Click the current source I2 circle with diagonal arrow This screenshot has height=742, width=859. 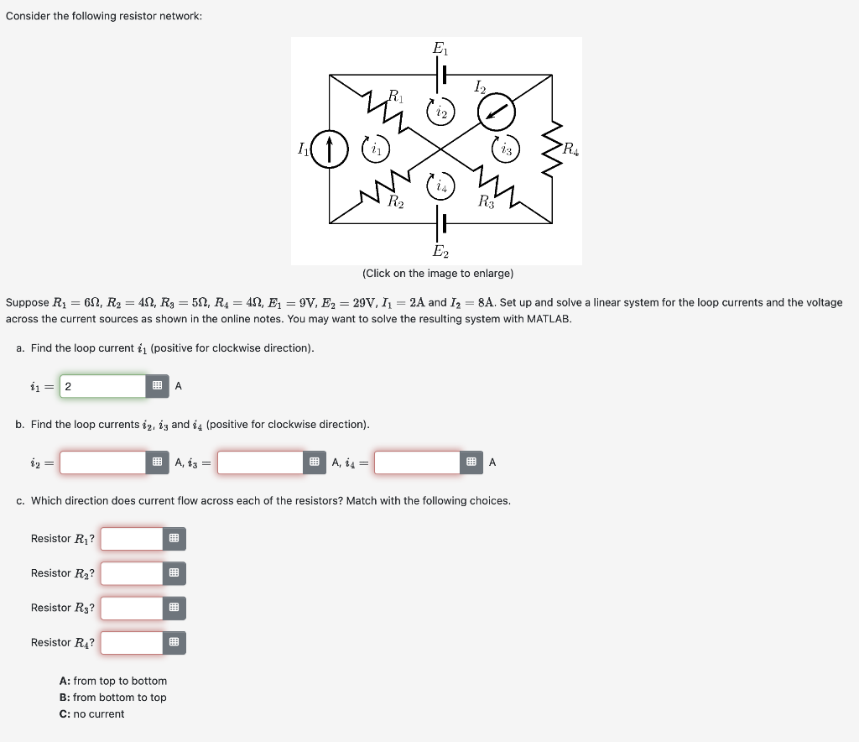[497, 110]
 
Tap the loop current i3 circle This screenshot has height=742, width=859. [507, 149]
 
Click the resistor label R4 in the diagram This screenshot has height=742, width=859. [570, 151]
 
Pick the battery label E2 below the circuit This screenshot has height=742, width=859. [440, 251]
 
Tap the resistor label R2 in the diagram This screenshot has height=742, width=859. [395, 201]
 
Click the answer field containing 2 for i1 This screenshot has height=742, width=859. [103, 386]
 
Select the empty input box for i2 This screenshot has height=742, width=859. [103, 462]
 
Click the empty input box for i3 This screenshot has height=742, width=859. [260, 462]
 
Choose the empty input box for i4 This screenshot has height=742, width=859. [418, 462]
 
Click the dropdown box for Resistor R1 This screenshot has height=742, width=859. [132, 539]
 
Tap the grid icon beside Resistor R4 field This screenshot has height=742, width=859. [174, 643]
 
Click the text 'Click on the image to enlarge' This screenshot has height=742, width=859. [438, 274]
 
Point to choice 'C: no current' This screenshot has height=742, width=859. [92, 714]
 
